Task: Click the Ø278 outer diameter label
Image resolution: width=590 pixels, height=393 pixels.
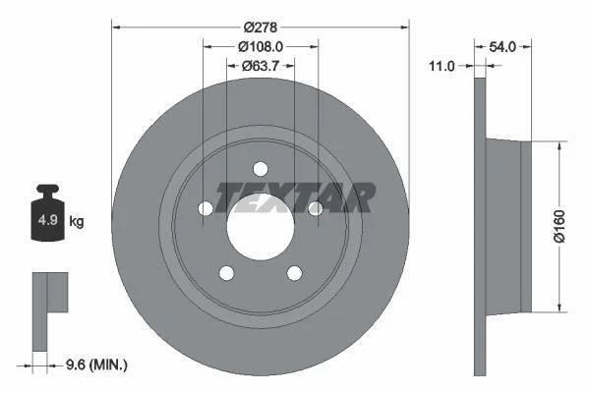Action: (260, 28)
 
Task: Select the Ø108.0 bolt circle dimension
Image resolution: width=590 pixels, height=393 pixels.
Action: (261, 46)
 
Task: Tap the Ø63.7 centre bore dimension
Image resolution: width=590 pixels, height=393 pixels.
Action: (261, 66)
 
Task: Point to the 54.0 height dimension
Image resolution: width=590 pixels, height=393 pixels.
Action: (502, 46)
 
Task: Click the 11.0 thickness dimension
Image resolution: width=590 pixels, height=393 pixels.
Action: (442, 66)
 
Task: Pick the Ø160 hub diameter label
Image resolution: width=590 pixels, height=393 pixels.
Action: (560, 226)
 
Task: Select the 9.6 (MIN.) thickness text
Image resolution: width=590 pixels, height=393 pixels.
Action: (96, 365)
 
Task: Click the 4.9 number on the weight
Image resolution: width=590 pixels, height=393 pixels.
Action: (48, 220)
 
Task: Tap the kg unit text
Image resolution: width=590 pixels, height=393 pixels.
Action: (77, 221)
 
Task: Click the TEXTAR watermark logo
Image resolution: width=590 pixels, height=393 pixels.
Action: (295, 197)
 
